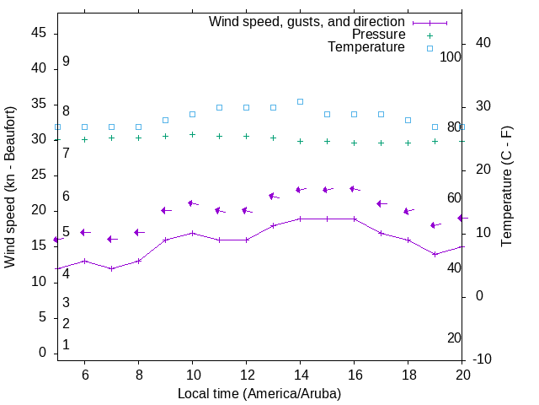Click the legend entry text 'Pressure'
pos(378,35)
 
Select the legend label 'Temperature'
pos(366,47)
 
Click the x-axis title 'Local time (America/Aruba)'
pos(259,393)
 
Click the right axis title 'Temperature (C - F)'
pos(506,187)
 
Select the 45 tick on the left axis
pos(39,32)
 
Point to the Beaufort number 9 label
pos(66,62)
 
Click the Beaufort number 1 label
pos(66,345)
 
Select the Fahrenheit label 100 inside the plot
pos(451,57)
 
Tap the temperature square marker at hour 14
pos(300,101)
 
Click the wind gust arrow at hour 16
pos(354,189)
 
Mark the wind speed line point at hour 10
pos(192,233)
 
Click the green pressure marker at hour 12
pos(246,136)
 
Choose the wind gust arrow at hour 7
pos(111,239)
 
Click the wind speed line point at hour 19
pos(435,254)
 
